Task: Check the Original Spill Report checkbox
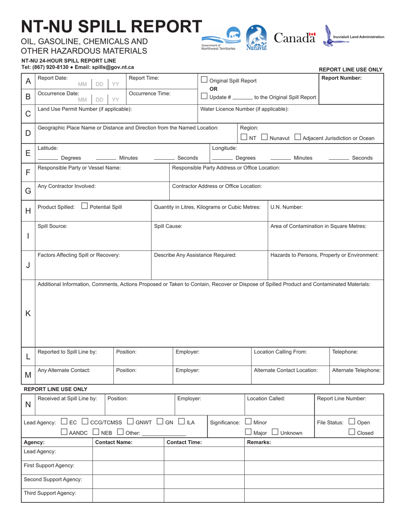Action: tap(204, 80)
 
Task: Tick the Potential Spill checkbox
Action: tap(84, 206)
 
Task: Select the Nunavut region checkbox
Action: tap(264, 137)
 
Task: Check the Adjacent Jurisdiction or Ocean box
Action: tap(298, 137)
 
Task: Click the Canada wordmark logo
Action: tap(295, 38)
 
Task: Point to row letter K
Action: tap(28, 313)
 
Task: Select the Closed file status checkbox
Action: tap(352, 432)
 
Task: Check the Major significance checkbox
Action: tap(248, 432)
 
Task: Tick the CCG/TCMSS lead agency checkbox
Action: tap(85, 422)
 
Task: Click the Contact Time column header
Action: tap(184, 442)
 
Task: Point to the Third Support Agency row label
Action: tap(50, 493)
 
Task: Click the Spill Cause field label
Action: tap(168, 226)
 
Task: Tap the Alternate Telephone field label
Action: tap(356, 370)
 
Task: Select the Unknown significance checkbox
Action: tap(275, 432)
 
